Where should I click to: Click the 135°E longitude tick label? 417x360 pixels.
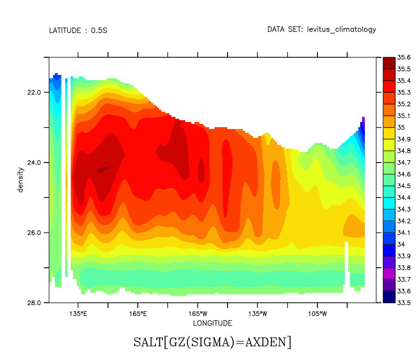(x=78, y=313)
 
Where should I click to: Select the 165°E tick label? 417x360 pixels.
(x=138, y=313)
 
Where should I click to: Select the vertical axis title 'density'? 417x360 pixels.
(x=20, y=180)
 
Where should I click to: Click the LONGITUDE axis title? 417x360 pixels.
(x=212, y=323)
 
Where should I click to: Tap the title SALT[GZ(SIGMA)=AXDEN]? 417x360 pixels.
(x=212, y=342)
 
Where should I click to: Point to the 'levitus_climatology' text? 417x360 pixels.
(x=341, y=29)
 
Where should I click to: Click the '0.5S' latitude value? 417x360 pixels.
(x=99, y=31)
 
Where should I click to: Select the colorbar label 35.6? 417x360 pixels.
(x=404, y=57)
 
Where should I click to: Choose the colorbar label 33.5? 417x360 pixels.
(x=404, y=303)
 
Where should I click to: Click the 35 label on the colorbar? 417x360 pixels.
(x=401, y=127)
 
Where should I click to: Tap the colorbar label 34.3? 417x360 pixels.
(x=404, y=209)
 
